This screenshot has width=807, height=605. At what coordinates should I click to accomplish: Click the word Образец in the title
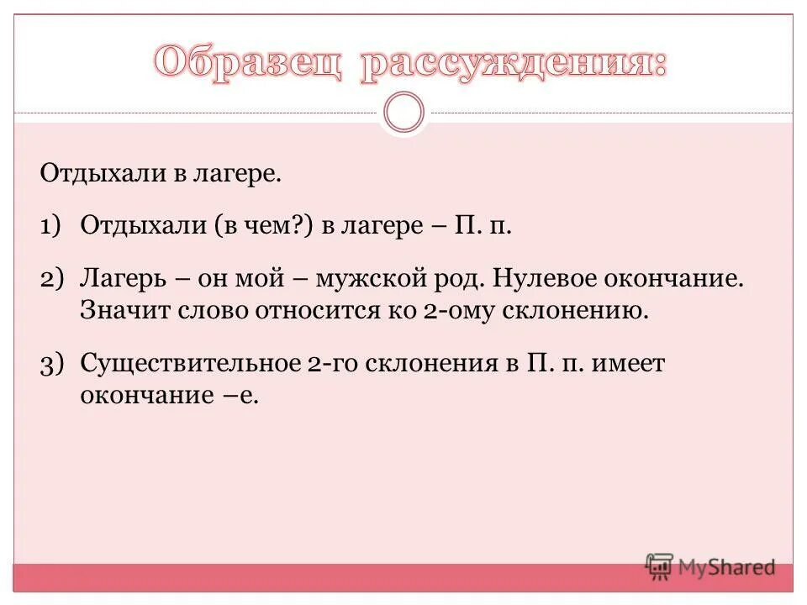click(x=249, y=65)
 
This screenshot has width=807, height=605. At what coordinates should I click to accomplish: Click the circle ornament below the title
click(x=404, y=113)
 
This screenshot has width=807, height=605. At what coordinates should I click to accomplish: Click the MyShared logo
click(x=710, y=566)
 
